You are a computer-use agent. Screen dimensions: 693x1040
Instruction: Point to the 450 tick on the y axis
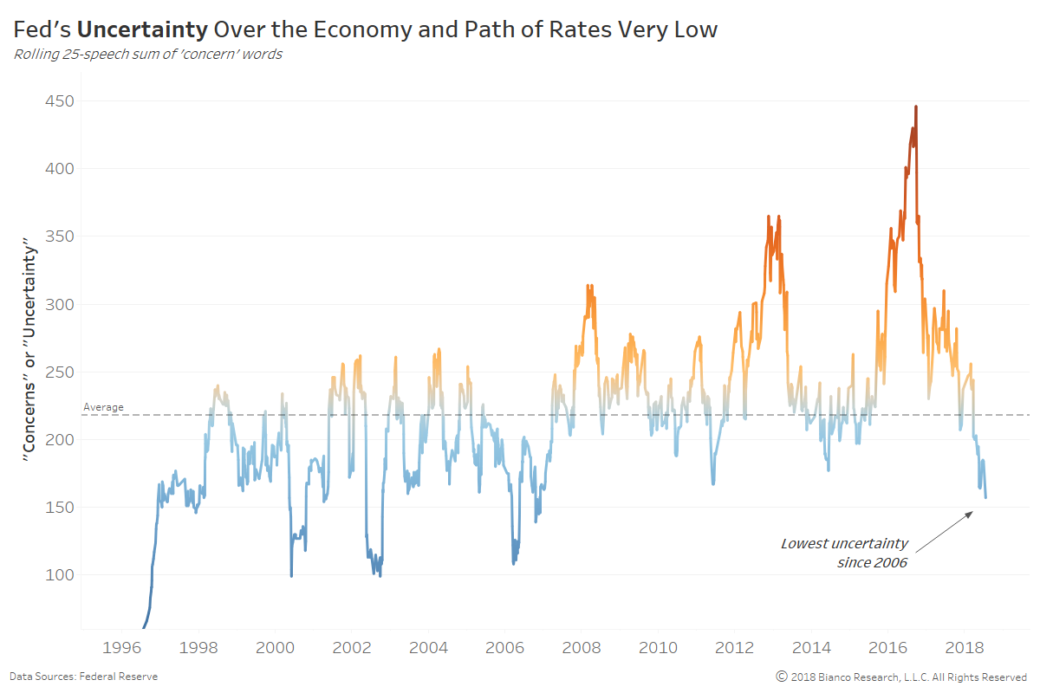58,101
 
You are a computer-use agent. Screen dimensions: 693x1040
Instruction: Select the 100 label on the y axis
58,575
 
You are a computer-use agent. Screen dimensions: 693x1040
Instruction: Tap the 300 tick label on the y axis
58,304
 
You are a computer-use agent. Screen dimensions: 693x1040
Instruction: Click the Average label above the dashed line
103,407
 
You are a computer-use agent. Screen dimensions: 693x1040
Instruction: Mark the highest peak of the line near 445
916,107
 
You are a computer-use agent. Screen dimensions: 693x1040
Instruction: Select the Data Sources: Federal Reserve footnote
83,677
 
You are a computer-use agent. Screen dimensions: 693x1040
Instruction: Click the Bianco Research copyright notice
901,677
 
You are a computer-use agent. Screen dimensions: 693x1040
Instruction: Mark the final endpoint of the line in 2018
985,497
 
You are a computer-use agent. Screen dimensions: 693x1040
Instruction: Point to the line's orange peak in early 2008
589,286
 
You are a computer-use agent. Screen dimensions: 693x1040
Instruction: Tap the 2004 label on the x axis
428,647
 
